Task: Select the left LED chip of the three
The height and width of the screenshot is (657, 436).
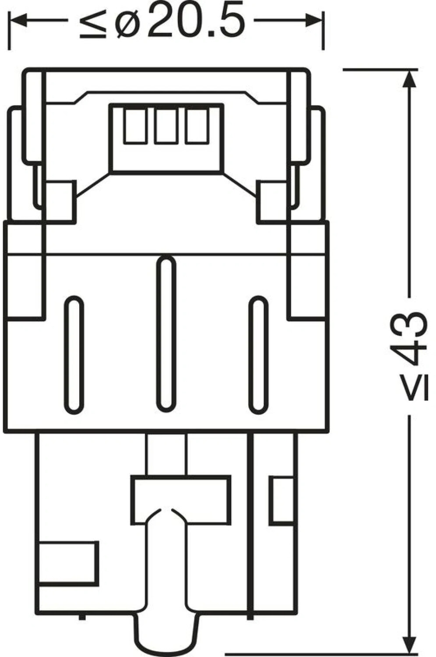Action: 135,126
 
